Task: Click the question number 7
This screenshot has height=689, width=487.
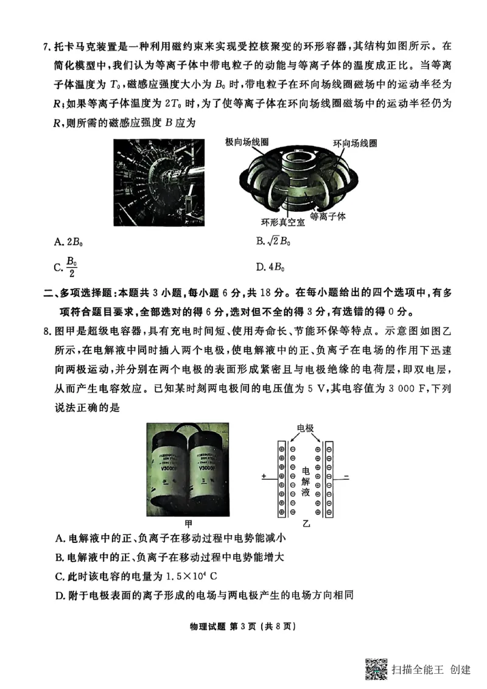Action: click(x=47, y=46)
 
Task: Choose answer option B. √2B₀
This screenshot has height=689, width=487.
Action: click(x=273, y=242)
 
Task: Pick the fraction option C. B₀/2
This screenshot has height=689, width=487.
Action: click(x=67, y=266)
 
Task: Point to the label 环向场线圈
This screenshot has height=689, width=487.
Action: click(x=355, y=144)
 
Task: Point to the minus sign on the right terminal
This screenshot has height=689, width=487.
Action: click(x=346, y=477)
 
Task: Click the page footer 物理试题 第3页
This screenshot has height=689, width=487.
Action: click(x=243, y=626)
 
